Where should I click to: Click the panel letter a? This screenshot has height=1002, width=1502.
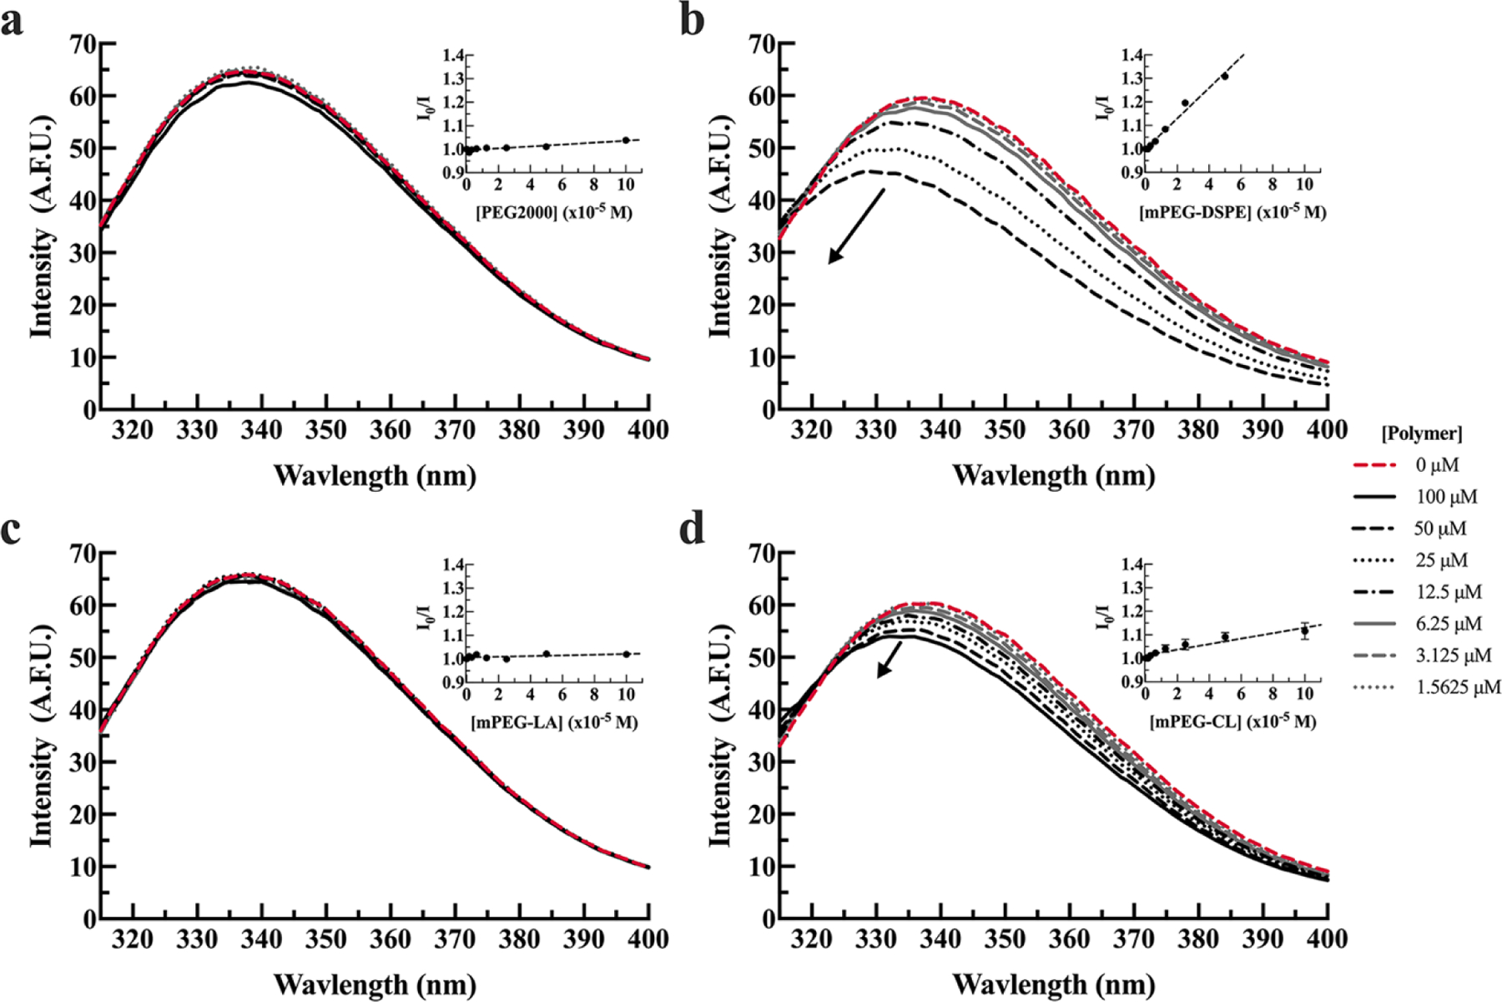point(12,22)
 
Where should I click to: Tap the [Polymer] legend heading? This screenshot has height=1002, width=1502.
point(1421,433)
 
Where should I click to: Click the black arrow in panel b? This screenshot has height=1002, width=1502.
point(856,225)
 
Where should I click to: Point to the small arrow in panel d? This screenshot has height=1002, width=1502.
point(890,659)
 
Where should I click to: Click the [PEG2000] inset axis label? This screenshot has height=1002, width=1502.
point(554,212)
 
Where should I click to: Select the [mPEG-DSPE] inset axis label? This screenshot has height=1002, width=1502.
point(1232,212)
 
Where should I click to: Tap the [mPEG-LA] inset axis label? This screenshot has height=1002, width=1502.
point(554,722)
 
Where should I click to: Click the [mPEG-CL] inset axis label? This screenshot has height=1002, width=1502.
point(1232,722)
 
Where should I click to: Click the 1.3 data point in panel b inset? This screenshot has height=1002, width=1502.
point(1225,76)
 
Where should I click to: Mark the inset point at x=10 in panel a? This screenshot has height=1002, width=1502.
point(626,140)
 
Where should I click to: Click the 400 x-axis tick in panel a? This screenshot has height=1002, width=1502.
point(648,430)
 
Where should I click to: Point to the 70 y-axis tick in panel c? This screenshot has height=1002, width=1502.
point(83,553)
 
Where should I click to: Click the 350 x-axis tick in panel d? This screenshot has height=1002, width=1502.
point(1004,939)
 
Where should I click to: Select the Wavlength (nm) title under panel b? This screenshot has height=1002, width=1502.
point(1053,476)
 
